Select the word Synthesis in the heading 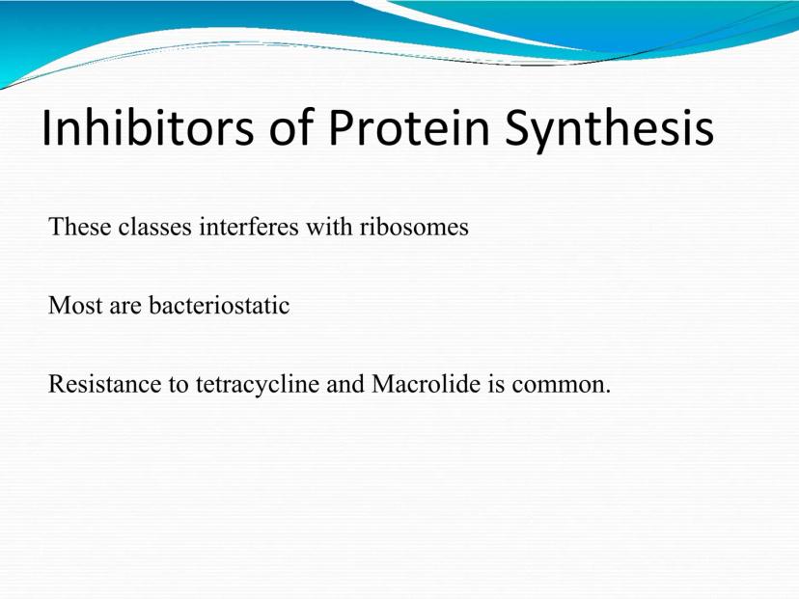(x=610, y=130)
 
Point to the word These (x=79, y=226)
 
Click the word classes (x=155, y=226)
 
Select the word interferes (x=249, y=226)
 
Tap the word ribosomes (x=414, y=226)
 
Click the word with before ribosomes (x=329, y=226)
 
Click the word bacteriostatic (x=219, y=305)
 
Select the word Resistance (x=105, y=384)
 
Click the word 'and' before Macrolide (x=345, y=384)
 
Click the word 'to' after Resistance (x=179, y=385)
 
